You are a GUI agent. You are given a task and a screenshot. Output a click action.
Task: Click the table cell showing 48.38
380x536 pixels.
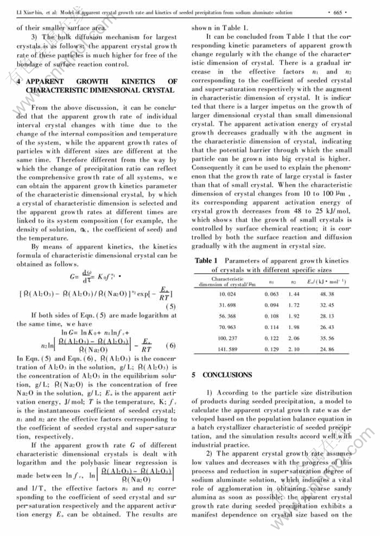pyautogui.click(x=327, y=293)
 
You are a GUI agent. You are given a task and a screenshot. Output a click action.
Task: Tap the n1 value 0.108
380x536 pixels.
pyautogui.click(x=270, y=316)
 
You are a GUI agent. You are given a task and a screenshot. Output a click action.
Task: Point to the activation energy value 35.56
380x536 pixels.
pyautogui.click(x=327, y=338)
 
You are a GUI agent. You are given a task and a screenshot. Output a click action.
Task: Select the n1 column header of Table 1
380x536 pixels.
pyautogui.click(x=271, y=283)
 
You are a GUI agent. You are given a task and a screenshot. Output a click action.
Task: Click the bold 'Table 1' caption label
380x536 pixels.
pyautogui.click(x=203, y=260)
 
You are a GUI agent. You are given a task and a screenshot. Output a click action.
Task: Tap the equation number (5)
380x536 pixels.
pyautogui.click(x=171, y=306)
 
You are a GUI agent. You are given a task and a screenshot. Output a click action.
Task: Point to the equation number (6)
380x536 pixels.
pyautogui.click(x=170, y=345)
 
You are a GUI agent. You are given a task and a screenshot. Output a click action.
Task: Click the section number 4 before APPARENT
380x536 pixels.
pyautogui.click(x=20, y=81)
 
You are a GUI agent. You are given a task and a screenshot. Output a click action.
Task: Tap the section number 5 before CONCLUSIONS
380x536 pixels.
pyautogui.click(x=193, y=375)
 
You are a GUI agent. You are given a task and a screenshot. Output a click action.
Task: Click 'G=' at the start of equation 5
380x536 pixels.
pyautogui.click(x=74, y=276)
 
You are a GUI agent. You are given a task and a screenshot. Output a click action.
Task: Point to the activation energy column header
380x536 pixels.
pyautogui.click(x=326, y=283)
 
